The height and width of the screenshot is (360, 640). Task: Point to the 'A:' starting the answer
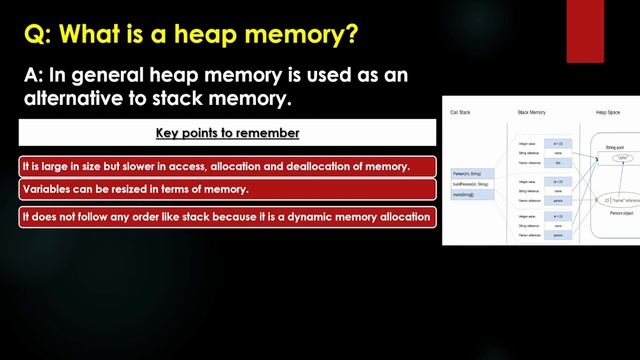click(x=37, y=76)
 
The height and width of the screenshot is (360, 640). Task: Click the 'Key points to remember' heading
click(x=226, y=133)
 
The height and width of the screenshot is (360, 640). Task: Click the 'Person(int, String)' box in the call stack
click(x=471, y=174)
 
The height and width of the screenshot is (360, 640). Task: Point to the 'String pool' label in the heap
click(x=615, y=147)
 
